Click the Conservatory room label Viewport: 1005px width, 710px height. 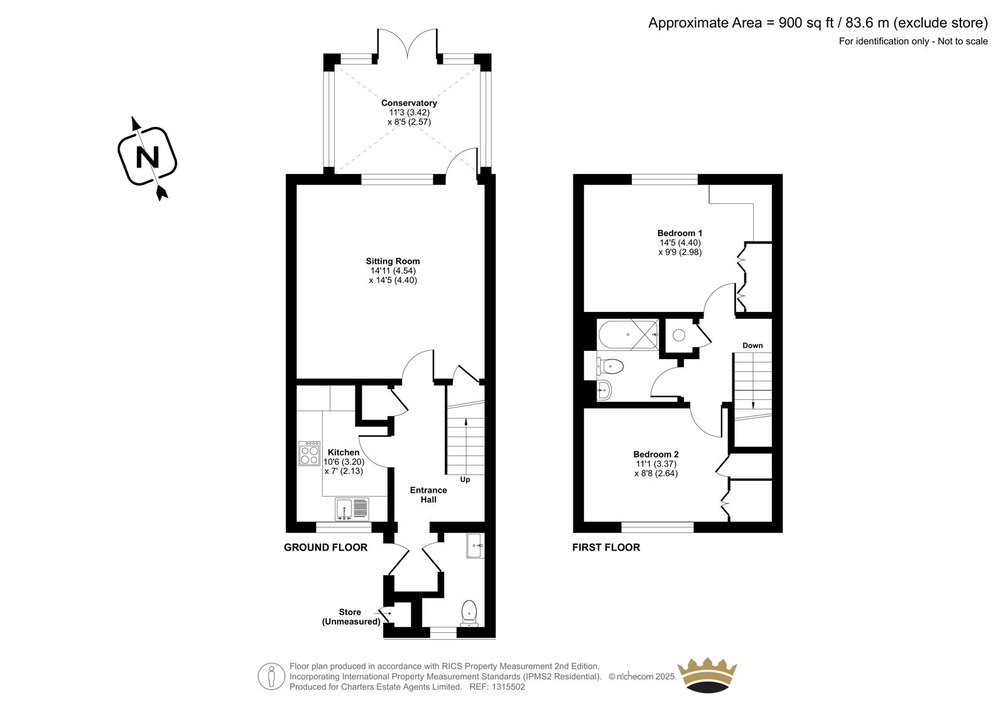[409, 103]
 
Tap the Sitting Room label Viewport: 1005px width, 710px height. [393, 261]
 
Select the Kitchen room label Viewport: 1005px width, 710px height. [344, 452]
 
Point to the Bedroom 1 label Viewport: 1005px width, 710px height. [680, 233]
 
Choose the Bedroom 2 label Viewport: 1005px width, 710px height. [656, 455]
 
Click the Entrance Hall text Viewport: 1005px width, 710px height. [428, 495]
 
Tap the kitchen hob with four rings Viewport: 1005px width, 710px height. [310, 453]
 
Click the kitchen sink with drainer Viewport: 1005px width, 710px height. [352, 509]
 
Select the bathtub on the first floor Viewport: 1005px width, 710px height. [628, 335]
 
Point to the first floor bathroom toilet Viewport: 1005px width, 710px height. [610, 367]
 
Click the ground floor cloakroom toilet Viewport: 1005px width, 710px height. [469, 613]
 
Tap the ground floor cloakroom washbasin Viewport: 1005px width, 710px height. [475, 546]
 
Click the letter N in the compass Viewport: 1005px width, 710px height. [148, 157]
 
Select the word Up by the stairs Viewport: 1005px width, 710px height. [465, 480]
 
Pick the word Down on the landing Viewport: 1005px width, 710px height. [752, 345]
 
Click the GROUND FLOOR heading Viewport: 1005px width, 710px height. [326, 547]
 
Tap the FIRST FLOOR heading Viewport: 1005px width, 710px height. [606, 547]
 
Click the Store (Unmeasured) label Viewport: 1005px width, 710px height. [351, 616]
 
